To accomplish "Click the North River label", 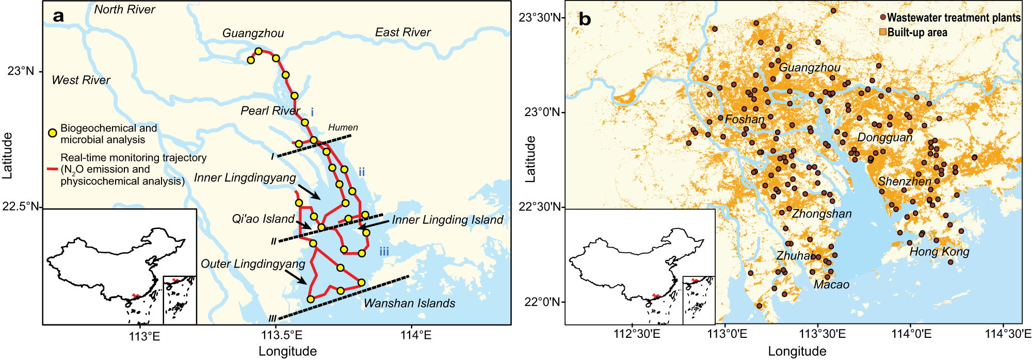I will click(x=124, y=9).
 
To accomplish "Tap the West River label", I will click(x=81, y=80).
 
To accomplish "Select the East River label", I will click(x=402, y=32).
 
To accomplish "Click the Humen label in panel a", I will click(x=343, y=127).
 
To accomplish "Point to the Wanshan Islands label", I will click(x=409, y=303).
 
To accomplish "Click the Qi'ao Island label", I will click(x=263, y=219).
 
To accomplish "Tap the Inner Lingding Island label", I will click(x=447, y=220).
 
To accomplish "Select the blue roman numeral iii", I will click(x=384, y=252).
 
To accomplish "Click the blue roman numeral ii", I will click(x=361, y=172).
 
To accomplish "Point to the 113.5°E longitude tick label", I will click(x=281, y=335).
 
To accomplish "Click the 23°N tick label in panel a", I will click(x=21, y=71).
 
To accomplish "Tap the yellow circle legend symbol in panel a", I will click(x=52, y=133).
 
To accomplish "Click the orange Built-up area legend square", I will click(x=882, y=32).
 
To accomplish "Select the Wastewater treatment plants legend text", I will click(x=954, y=18).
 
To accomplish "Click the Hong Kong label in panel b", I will click(x=939, y=252).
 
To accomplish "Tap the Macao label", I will click(x=831, y=285).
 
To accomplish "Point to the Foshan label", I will click(x=744, y=120).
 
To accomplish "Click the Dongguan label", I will click(x=884, y=138).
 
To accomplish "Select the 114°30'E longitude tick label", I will click(x=1008, y=334).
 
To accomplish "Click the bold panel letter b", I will click(x=585, y=19).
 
